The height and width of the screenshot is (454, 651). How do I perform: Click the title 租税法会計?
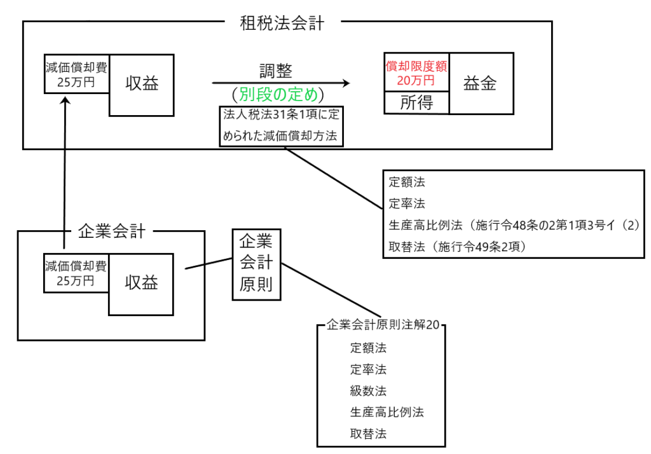coord(282,24)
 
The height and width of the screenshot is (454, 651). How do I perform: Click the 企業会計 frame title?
coord(111,231)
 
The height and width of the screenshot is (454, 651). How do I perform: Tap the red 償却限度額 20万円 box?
coord(416,72)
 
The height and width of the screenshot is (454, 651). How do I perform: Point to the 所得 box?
coord(416,102)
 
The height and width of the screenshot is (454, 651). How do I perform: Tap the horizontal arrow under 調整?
coord(280,83)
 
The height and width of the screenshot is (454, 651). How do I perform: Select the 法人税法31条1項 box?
coord(281,126)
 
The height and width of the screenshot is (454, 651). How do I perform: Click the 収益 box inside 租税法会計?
coord(142,83)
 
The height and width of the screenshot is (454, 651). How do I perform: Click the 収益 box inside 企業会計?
coord(141,283)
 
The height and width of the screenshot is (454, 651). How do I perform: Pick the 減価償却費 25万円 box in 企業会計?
coord(76,273)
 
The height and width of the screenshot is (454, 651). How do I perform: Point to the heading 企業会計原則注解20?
coord(382,324)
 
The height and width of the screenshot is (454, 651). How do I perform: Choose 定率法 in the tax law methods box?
coord(407,203)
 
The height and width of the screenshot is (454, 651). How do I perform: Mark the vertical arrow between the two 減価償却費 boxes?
coord(65,172)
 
